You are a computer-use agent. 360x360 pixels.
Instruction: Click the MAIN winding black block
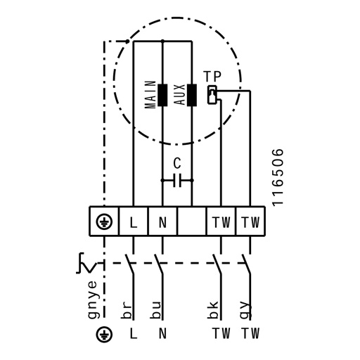[162, 95]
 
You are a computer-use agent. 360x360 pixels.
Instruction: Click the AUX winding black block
[192, 95]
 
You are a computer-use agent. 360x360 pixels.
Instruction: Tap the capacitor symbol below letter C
[177, 181]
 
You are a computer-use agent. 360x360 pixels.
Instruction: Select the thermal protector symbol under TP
[212, 95]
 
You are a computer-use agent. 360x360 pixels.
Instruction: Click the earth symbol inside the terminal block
[104, 221]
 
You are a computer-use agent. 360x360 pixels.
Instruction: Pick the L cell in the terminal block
[134, 221]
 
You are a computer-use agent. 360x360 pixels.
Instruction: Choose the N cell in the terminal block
[162, 221]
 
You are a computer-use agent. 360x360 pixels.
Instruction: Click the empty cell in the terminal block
[192, 221]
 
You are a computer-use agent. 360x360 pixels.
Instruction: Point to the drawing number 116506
[278, 177]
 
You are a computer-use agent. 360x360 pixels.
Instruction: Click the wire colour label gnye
[92, 300]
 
